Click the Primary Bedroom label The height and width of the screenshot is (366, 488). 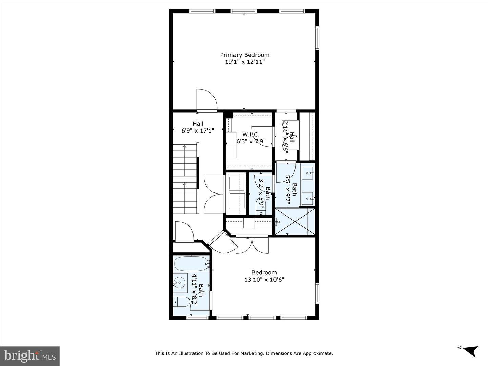245,55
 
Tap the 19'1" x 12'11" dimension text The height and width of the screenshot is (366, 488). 245,62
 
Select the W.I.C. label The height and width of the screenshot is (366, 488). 251,134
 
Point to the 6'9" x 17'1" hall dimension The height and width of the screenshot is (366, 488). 198,131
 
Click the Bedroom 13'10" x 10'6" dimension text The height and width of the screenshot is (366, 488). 264,279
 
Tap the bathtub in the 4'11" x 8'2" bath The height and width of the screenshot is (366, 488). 192,264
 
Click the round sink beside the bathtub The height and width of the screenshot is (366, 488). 180,282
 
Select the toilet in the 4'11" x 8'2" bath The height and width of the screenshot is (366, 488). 181,302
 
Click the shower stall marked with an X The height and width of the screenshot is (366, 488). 295,221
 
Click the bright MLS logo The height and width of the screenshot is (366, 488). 30,356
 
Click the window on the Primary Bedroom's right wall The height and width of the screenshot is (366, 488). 317,38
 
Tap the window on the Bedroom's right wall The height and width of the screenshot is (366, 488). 317,293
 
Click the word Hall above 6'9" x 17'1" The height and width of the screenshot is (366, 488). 198,124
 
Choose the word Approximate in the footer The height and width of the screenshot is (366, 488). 320,353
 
